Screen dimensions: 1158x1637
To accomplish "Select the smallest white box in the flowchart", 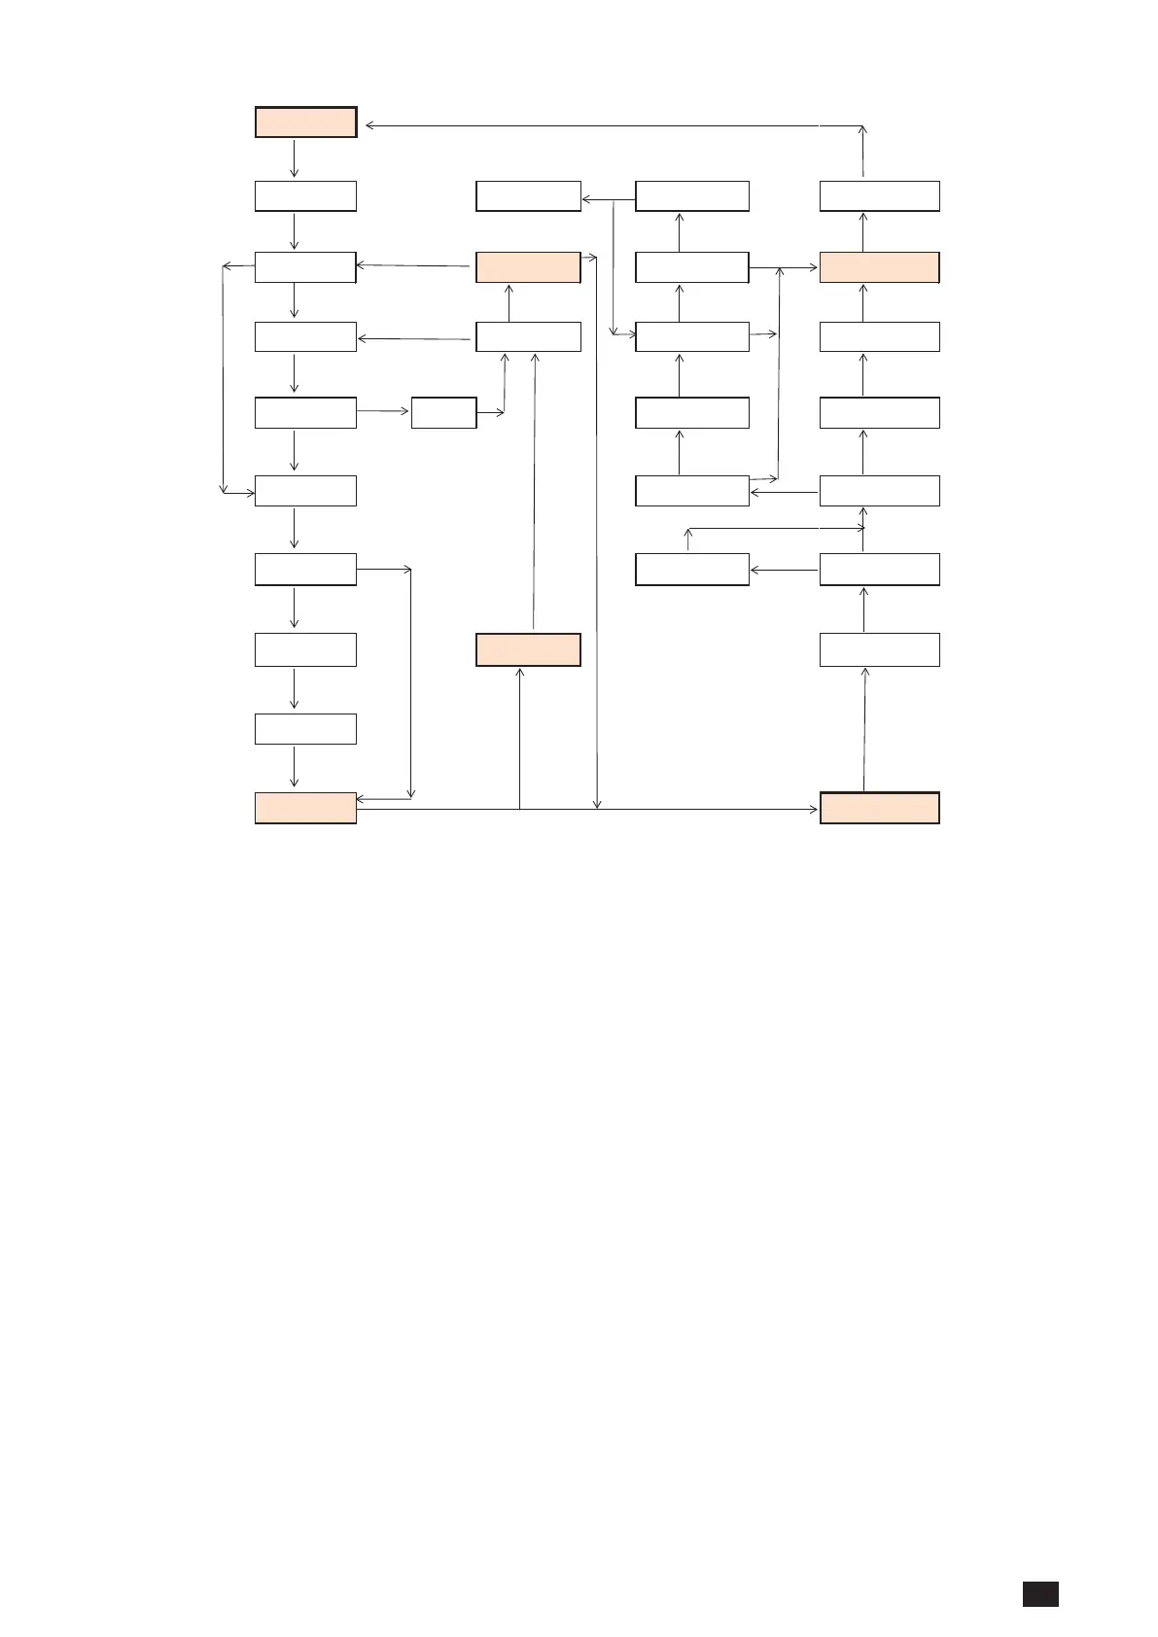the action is tap(443, 412).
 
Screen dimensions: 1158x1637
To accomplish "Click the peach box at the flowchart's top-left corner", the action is tap(305, 122).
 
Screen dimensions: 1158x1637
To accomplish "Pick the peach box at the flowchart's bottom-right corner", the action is tap(879, 808).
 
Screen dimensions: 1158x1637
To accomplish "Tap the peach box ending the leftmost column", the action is tap(305, 808).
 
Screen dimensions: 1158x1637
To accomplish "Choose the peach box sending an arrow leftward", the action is tap(528, 267).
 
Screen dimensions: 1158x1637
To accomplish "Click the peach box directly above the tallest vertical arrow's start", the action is tap(528, 649).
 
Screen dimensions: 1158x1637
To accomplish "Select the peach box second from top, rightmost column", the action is tap(879, 267).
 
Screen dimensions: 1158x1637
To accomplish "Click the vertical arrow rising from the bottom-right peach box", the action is tap(863, 729).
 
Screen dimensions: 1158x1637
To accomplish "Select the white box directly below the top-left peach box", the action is tap(305, 195).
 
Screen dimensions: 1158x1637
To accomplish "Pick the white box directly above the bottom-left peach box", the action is tap(305, 729).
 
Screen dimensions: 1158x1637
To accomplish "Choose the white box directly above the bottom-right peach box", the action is tap(879, 649).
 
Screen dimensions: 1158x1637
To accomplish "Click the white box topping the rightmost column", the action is tap(879, 195).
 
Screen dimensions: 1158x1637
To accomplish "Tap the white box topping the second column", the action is tap(528, 195).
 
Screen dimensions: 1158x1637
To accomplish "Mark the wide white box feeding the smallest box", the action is tap(305, 412).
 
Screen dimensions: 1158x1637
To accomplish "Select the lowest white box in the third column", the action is tap(691, 569).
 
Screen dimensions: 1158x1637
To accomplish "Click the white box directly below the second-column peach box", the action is tap(528, 336).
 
